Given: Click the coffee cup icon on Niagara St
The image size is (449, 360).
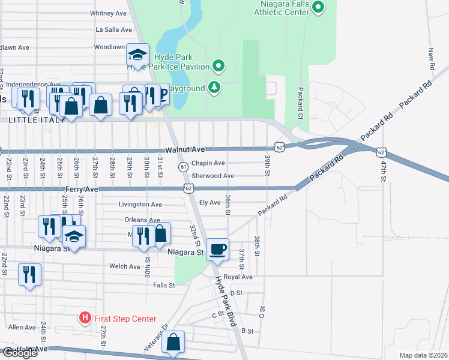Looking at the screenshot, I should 217,248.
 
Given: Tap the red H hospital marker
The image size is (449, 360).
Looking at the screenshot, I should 85,319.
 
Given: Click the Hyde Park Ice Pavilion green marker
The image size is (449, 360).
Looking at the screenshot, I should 218,66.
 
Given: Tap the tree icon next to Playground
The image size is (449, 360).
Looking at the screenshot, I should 214,88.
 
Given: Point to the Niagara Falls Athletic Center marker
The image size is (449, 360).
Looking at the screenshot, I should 319,8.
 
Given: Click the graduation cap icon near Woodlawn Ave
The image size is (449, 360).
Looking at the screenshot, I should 137,55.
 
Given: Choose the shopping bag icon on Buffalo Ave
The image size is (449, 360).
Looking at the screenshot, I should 173,342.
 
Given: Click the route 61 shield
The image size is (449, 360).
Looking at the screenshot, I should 183,166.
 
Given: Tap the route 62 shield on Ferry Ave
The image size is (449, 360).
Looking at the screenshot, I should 188,188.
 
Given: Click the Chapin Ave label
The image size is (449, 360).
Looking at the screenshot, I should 208,163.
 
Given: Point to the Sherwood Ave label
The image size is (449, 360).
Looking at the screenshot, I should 212,176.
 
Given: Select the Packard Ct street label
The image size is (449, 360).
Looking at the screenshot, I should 301,101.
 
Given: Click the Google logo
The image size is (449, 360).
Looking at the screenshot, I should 19,353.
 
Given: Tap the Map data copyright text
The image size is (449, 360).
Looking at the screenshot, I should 423,355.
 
